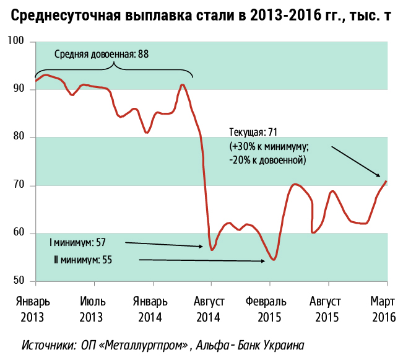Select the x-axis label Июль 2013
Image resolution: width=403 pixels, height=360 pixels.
pos(93,310)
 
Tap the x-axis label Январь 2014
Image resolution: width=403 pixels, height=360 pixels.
pos(150,310)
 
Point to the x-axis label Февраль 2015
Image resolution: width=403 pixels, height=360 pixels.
pos(266,310)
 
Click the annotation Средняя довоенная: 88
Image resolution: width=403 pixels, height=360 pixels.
pos(102,54)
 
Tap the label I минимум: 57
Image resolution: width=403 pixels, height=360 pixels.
pos(77,241)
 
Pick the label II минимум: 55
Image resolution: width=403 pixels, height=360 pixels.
pos(83,260)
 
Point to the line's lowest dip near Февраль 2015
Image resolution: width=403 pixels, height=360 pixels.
pos(273,260)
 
